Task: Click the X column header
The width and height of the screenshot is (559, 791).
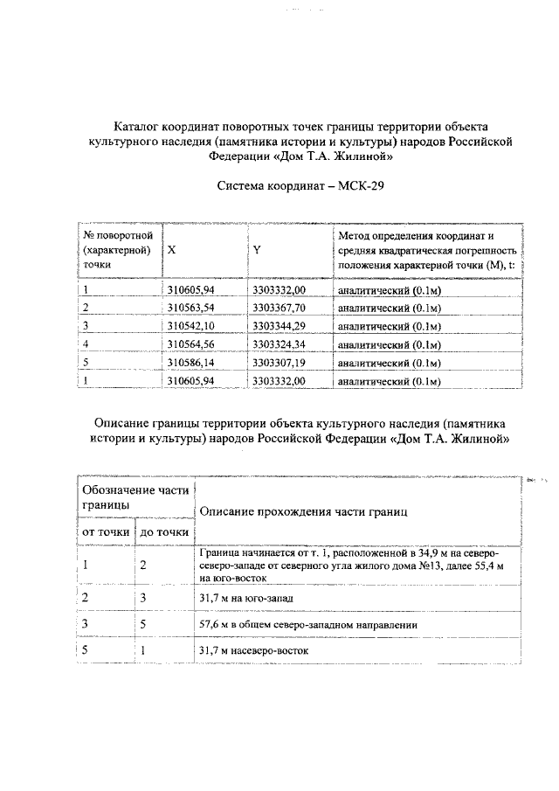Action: click(x=171, y=250)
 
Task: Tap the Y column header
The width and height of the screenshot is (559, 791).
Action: click(x=257, y=250)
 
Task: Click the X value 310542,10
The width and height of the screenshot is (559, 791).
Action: click(x=190, y=327)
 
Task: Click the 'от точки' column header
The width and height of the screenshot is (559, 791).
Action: click(x=106, y=531)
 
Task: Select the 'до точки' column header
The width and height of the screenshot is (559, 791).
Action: click(x=165, y=531)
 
